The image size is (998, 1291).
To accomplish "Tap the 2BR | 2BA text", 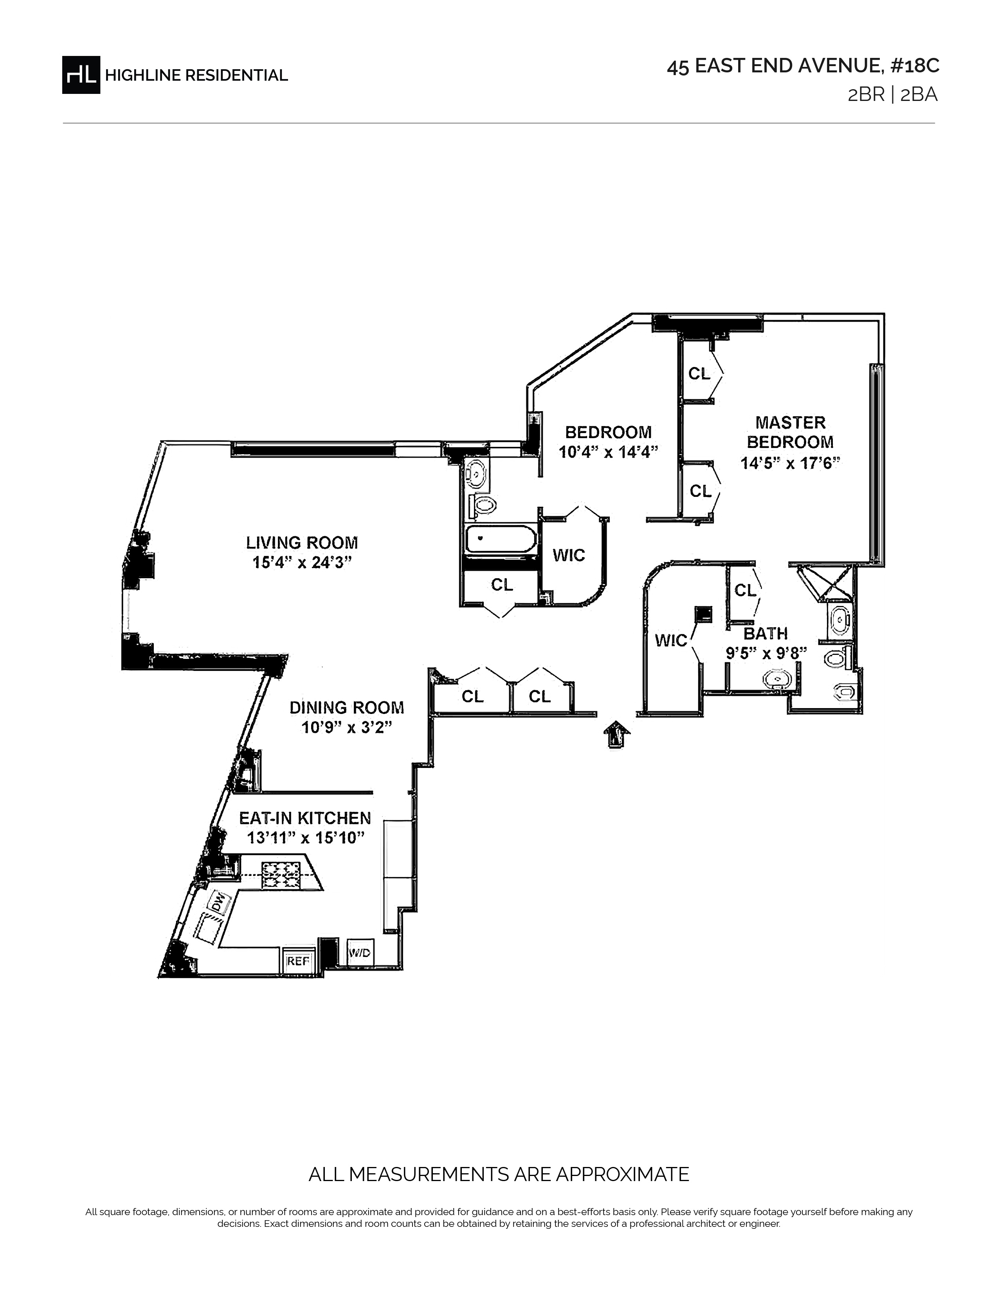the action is coord(893,95).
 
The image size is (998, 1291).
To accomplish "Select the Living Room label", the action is coord(302,542).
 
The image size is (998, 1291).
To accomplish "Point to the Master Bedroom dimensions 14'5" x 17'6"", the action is coord(791,462).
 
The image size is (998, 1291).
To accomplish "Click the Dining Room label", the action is coord(347,708).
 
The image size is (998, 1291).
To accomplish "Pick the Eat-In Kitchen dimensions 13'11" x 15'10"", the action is coord(305,838).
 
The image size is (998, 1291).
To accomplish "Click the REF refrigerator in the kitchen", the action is coord(298,961).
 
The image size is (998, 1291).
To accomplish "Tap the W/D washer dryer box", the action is coord(360,953).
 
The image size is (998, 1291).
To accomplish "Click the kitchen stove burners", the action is coord(282,875).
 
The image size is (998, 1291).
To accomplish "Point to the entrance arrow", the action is coord(616,735).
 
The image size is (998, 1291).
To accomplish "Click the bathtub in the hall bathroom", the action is coord(501,539).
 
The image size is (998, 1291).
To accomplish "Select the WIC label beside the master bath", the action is coord(671,640).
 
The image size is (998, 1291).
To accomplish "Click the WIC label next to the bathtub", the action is coord(569,555).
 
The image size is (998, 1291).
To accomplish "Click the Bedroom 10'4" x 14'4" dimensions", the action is coord(608,452).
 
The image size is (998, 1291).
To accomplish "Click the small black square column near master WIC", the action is coord(703,614).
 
